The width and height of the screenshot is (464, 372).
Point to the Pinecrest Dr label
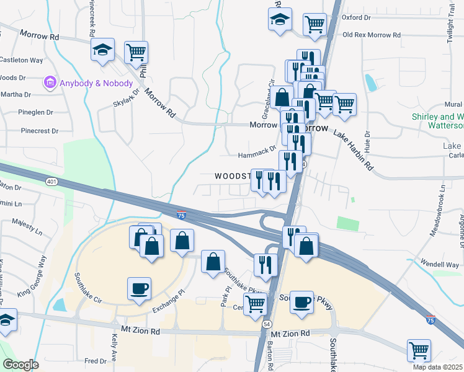point(39,131)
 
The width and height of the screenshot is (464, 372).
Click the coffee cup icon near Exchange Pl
point(139,288)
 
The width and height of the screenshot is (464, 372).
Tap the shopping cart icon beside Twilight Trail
point(315,24)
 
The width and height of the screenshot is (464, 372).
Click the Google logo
point(20,365)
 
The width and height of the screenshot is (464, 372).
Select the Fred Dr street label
point(96,361)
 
